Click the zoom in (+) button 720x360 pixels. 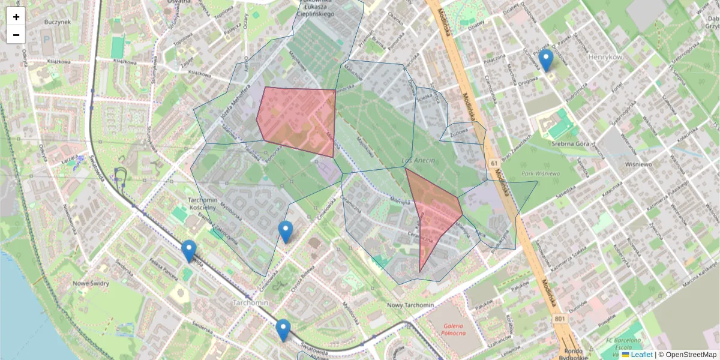click(16, 17)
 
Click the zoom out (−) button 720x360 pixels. click(16, 35)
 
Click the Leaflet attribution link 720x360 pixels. click(641, 355)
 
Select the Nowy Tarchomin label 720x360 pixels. click(411, 305)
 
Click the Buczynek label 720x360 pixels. click(58, 22)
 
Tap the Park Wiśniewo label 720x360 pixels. click(541, 173)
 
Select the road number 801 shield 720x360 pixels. click(559, 318)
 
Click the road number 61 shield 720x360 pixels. click(493, 163)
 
